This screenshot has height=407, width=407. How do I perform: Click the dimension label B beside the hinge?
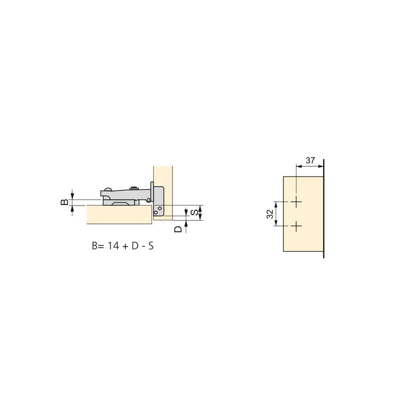64,202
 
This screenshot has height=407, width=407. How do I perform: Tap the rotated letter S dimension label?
194,213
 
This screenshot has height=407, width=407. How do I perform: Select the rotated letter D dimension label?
178,229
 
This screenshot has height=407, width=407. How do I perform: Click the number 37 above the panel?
310,160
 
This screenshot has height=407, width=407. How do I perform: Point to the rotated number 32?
270,214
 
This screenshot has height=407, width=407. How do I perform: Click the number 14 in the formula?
113,246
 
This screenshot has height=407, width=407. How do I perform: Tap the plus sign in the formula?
125,246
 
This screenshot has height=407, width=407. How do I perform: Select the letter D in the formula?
135,246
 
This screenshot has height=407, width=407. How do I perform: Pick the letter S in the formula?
151,246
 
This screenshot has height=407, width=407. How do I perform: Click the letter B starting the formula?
95,246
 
